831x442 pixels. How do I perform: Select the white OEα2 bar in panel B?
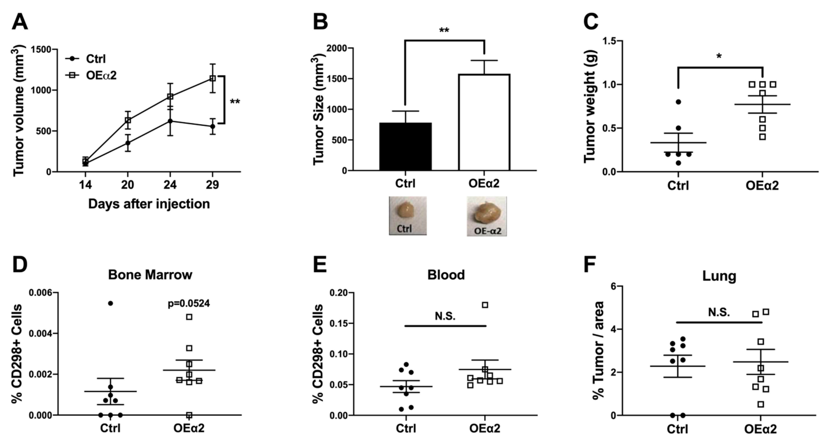(x=484, y=123)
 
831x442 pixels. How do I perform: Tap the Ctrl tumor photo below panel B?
(x=407, y=215)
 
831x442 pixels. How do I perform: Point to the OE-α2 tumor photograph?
(x=486, y=216)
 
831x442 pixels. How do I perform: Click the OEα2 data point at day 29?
(x=212, y=78)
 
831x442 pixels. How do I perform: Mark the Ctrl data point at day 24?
(x=170, y=121)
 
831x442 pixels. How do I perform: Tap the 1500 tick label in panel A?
(x=41, y=50)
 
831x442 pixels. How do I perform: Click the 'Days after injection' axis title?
(x=149, y=204)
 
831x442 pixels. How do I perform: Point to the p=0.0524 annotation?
(x=189, y=303)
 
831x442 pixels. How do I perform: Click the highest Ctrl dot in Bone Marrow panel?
(x=110, y=303)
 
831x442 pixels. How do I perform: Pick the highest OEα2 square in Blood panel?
(x=485, y=305)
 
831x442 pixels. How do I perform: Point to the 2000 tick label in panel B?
(x=337, y=48)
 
